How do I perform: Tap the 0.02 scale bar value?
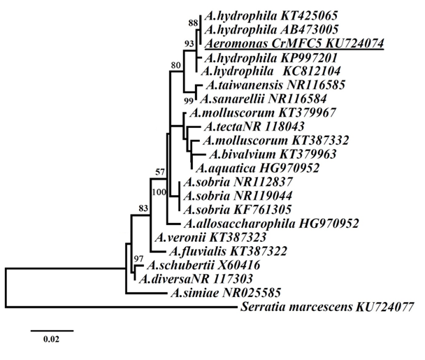coord(52,339)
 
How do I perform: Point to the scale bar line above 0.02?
coord(52,326)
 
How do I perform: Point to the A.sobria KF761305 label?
coord(238,210)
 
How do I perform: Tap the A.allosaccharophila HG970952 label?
coord(273,224)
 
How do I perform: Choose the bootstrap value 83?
coord(143,208)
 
